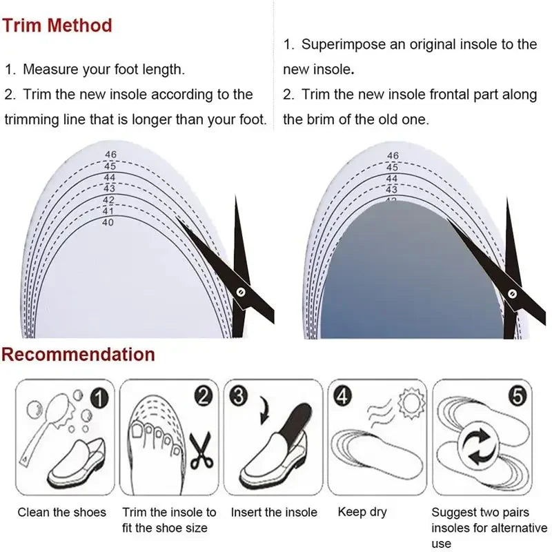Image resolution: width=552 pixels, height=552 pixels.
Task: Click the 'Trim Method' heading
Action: click(x=57, y=26)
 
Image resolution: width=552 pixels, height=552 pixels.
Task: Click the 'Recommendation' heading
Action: click(x=78, y=355)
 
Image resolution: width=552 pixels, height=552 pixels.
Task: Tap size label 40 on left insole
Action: click(x=108, y=222)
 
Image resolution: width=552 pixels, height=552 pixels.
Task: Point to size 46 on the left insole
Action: click(x=110, y=155)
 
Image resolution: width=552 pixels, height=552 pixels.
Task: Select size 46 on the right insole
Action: click(x=393, y=156)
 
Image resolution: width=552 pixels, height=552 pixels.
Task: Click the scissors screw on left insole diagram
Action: click(x=240, y=292)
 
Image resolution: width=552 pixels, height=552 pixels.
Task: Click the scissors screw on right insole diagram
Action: click(x=512, y=294)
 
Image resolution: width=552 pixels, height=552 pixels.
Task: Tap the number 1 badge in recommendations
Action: click(x=99, y=397)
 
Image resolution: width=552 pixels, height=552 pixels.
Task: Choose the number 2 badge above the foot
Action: click(x=204, y=396)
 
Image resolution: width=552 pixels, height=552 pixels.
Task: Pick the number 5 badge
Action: click(x=518, y=397)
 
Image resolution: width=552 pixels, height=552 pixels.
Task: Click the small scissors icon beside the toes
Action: click(x=201, y=450)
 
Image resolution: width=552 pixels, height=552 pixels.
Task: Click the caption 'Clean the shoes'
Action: click(x=62, y=512)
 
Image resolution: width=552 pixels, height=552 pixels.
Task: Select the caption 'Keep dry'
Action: click(x=362, y=512)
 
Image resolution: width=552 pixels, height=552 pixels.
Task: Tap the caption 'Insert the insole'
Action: click(x=274, y=512)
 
